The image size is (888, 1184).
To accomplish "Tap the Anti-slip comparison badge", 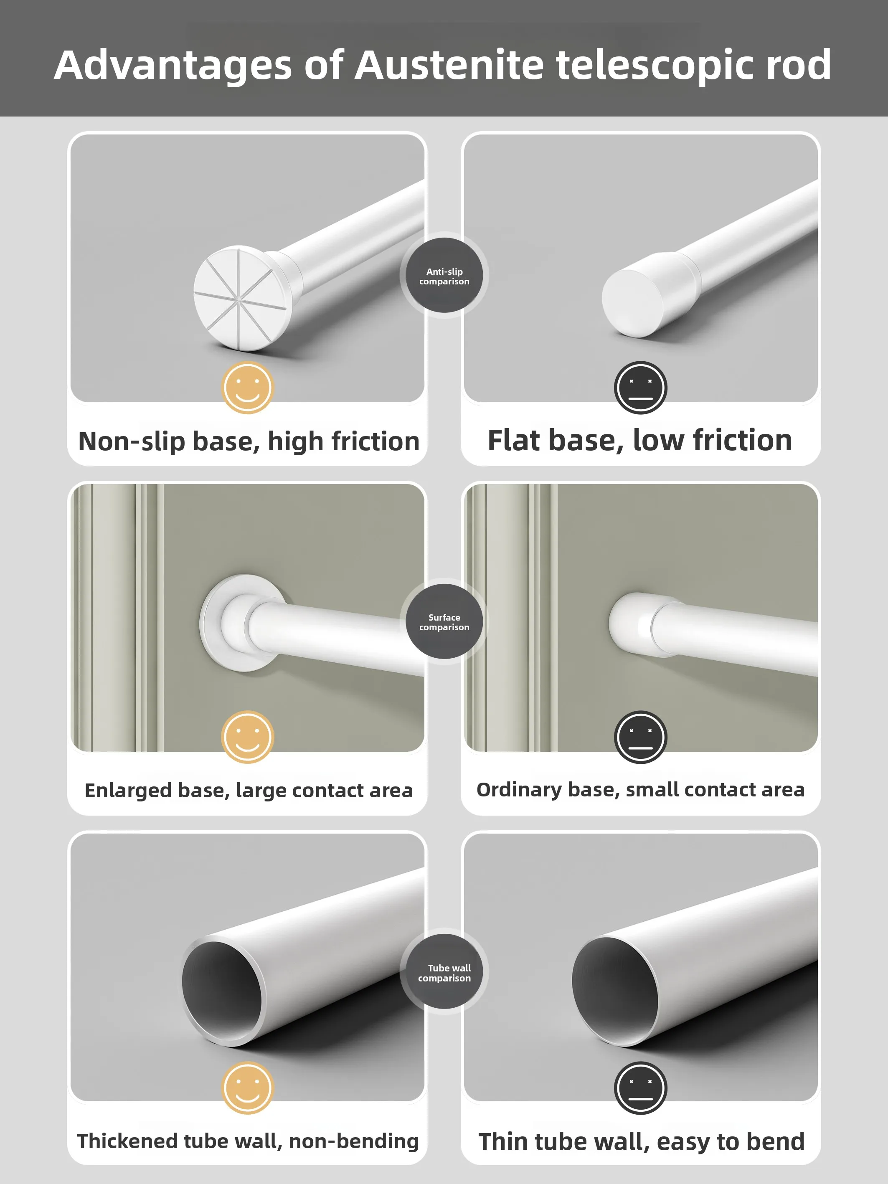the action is (444, 276).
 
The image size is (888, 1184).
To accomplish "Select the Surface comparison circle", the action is (444, 621).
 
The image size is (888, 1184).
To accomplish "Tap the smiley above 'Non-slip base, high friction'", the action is (248, 388).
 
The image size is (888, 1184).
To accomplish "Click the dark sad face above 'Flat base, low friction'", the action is (640, 388).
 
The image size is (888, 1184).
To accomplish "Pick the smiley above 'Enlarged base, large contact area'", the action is (248, 737).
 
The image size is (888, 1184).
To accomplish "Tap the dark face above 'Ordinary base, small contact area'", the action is (640, 737).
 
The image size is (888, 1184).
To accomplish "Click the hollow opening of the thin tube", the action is (614, 990).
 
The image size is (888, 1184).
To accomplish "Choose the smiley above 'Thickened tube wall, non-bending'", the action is (248, 1088).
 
